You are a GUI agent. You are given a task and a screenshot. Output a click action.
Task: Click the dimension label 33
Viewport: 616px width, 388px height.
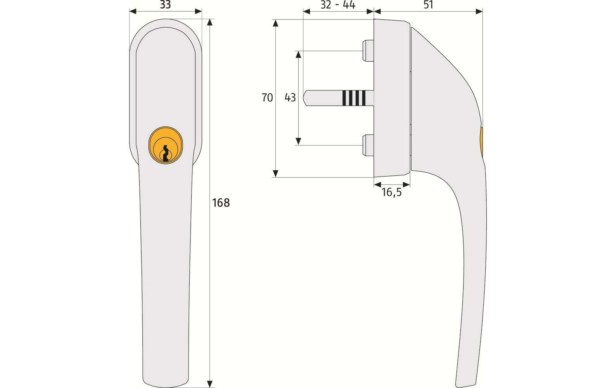point(165,5)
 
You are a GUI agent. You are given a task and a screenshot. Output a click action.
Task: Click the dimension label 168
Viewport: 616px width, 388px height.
point(221,203)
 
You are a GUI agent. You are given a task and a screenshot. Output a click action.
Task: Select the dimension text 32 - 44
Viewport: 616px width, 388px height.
point(337,5)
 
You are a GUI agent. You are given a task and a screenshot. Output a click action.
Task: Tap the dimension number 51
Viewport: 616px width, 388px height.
point(428,5)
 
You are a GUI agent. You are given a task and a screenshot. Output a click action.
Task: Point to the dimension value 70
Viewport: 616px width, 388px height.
point(267,97)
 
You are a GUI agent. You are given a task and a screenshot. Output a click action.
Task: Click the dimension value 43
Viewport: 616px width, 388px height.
point(290,97)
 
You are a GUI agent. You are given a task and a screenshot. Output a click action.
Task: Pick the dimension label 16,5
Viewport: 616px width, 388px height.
point(391,192)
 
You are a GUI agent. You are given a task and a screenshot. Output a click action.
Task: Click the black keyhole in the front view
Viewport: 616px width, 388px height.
point(166,153)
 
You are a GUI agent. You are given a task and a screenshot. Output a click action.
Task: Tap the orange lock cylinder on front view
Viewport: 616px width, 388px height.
point(166,144)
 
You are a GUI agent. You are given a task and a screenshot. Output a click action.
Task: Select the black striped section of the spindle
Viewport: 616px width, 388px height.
point(354,98)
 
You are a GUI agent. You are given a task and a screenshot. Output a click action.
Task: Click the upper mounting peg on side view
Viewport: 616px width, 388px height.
point(367,50)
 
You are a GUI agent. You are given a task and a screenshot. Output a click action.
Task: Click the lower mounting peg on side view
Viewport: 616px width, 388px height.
point(367,145)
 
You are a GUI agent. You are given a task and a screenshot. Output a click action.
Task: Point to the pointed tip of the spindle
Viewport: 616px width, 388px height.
point(306,98)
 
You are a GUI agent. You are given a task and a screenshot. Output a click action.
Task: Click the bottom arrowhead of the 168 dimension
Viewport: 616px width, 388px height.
point(210,385)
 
